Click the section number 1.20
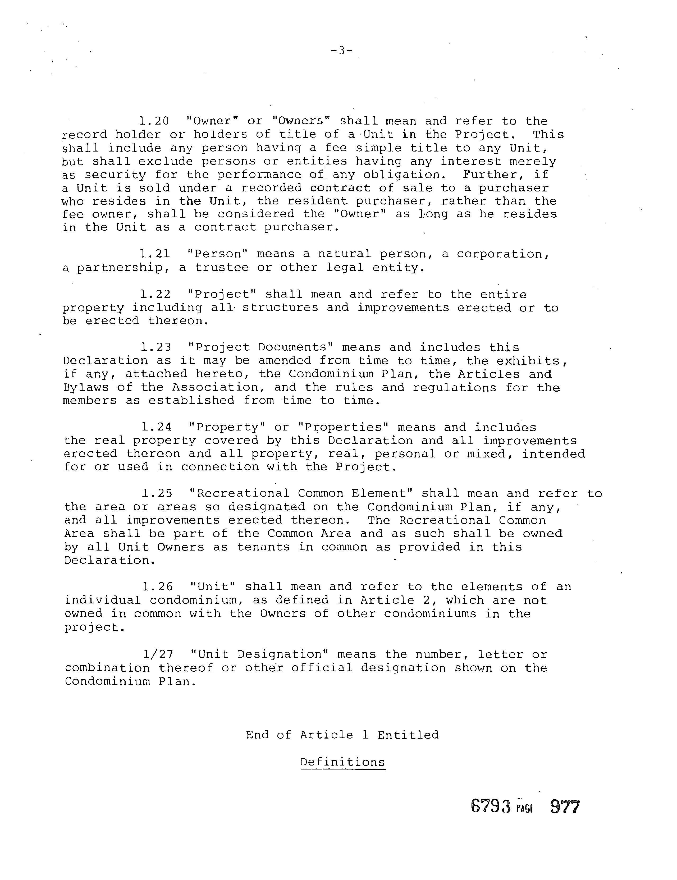(x=154, y=121)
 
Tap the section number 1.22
(x=155, y=295)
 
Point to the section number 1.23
(x=156, y=347)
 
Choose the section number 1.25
(x=157, y=494)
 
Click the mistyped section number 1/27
(x=158, y=654)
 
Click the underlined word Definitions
(x=342, y=762)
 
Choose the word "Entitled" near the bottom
(x=408, y=735)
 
